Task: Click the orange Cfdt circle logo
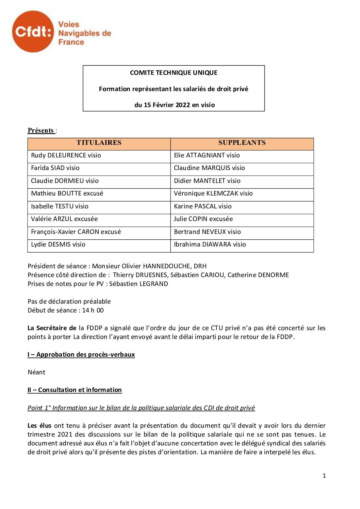pyautogui.click(x=33, y=32)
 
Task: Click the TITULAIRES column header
pyautogui.click(x=99, y=143)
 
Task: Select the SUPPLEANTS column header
pyautogui.click(x=242, y=143)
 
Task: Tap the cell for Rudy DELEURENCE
pyautogui.click(x=66, y=155)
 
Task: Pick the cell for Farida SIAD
pyautogui.click(x=55, y=168)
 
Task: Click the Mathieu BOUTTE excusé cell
pyautogui.click(x=67, y=193)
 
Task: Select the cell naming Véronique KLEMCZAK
pyautogui.click(x=213, y=193)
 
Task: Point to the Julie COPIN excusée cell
pyautogui.click(x=203, y=219)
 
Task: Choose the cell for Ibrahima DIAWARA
pyautogui.click(x=210, y=244)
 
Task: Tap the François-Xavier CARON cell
pyautogui.click(x=76, y=232)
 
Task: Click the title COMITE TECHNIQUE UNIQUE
pyautogui.click(x=174, y=73)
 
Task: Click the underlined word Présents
pyautogui.click(x=41, y=131)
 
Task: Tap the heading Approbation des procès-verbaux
pyautogui.click(x=85, y=355)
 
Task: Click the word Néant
pyautogui.click(x=36, y=372)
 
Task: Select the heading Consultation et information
pyautogui.click(x=80, y=390)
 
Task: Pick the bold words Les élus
pyautogui.click(x=39, y=426)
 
